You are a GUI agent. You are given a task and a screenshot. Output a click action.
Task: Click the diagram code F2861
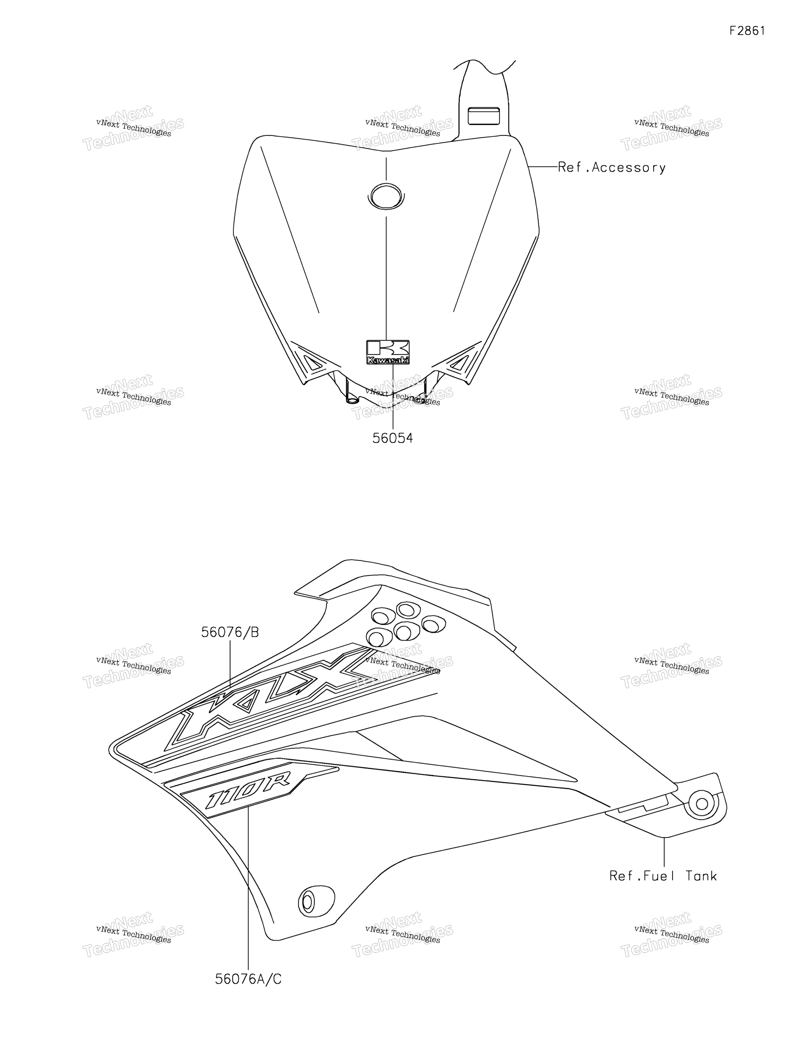pyautogui.click(x=747, y=31)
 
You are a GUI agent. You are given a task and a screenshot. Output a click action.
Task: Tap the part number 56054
pyautogui.click(x=392, y=438)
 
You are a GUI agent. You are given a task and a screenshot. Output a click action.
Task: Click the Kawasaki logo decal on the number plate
pyautogui.click(x=388, y=352)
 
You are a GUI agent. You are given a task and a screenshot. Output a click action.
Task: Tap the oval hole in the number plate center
pyautogui.click(x=386, y=196)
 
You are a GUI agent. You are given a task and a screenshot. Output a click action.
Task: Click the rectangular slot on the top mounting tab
pyautogui.click(x=484, y=116)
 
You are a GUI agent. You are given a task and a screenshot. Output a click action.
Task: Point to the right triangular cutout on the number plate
pyautogui.click(x=460, y=363)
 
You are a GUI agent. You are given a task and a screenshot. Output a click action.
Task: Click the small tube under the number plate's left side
pyautogui.click(x=352, y=396)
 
